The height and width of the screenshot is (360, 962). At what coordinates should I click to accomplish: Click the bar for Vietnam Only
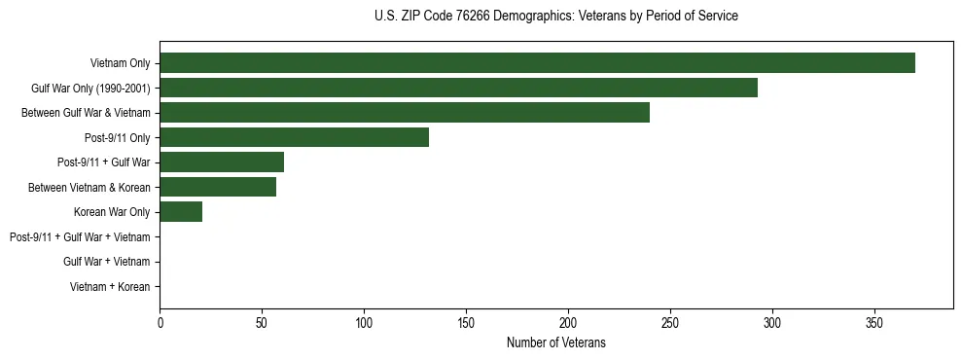point(537,63)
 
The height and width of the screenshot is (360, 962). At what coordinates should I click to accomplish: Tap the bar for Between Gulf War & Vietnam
point(405,113)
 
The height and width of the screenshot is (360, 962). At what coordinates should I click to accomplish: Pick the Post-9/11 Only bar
point(294,137)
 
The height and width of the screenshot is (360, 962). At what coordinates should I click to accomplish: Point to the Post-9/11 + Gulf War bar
point(222,162)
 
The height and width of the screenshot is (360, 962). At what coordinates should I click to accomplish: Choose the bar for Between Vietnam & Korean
point(218,187)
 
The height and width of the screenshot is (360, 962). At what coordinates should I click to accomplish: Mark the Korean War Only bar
point(181,212)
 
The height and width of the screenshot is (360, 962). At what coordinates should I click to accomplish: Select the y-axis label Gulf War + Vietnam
point(106,262)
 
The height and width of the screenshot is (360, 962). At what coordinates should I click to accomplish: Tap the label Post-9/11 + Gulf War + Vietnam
point(80,237)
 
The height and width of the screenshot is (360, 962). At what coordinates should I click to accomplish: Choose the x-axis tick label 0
point(160,321)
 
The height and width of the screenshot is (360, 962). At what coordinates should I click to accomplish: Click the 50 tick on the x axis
point(262,321)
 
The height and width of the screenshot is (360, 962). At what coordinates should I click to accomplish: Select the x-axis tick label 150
point(466,321)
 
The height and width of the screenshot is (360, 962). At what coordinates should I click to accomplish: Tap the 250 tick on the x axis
point(670,321)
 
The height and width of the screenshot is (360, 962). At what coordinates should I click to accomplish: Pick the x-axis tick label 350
point(874,321)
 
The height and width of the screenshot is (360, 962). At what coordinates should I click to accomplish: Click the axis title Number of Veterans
point(555,342)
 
